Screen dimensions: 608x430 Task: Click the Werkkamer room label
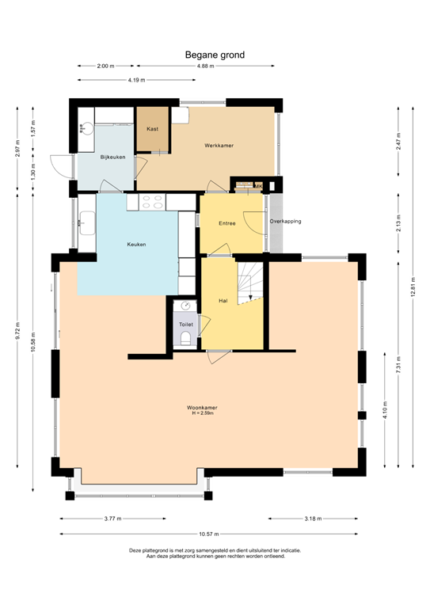click(x=219, y=146)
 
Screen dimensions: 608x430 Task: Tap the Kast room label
click(x=152, y=128)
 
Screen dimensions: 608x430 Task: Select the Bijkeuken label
click(x=113, y=158)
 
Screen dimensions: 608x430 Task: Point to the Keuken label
click(x=136, y=245)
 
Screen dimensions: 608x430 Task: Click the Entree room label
click(x=227, y=224)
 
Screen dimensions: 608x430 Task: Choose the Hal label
click(x=223, y=301)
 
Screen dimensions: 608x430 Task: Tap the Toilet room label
click(x=186, y=325)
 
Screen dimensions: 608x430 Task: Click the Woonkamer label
click(x=203, y=408)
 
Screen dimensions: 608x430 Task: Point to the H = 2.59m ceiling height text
click(x=204, y=414)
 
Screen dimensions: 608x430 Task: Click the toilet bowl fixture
click(x=186, y=339)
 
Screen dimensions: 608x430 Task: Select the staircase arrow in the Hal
click(x=250, y=297)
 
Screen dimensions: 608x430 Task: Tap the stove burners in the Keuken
click(x=151, y=202)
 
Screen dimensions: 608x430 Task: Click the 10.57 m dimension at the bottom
click(x=207, y=534)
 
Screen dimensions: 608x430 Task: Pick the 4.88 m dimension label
click(x=205, y=66)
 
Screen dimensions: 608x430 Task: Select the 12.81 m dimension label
click(x=413, y=287)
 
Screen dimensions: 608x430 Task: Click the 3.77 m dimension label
click(x=113, y=519)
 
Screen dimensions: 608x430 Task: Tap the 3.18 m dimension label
click(x=313, y=519)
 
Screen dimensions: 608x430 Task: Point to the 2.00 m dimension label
click(x=105, y=66)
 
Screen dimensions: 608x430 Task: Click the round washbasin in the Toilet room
click(x=185, y=306)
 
